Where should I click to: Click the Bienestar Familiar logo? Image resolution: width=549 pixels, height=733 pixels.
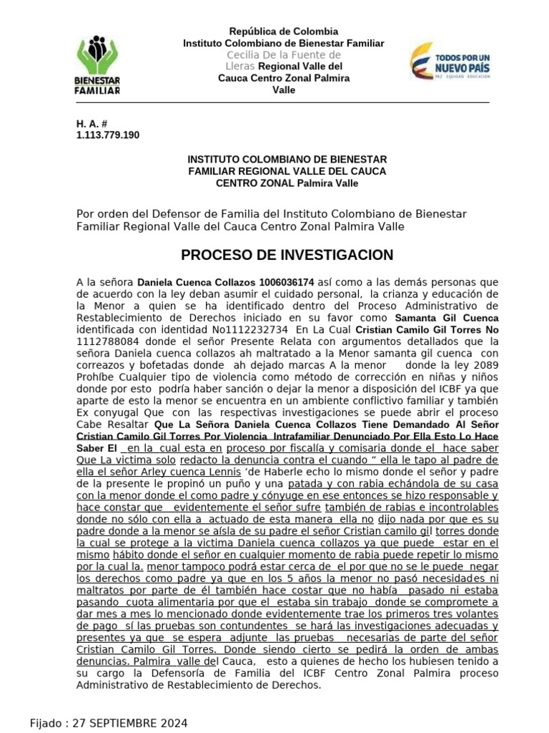coord(98,65)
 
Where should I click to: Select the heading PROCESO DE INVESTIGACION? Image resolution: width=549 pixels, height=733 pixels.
coord(287,256)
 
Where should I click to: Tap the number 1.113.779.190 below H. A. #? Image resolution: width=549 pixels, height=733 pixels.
coord(108,135)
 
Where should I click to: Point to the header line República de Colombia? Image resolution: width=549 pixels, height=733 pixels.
coord(283,31)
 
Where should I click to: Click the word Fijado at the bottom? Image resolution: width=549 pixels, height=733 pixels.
coord(46,723)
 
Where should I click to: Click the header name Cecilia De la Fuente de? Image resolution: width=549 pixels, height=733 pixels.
coord(283,55)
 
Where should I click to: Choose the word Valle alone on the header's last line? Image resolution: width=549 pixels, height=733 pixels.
coord(283,90)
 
